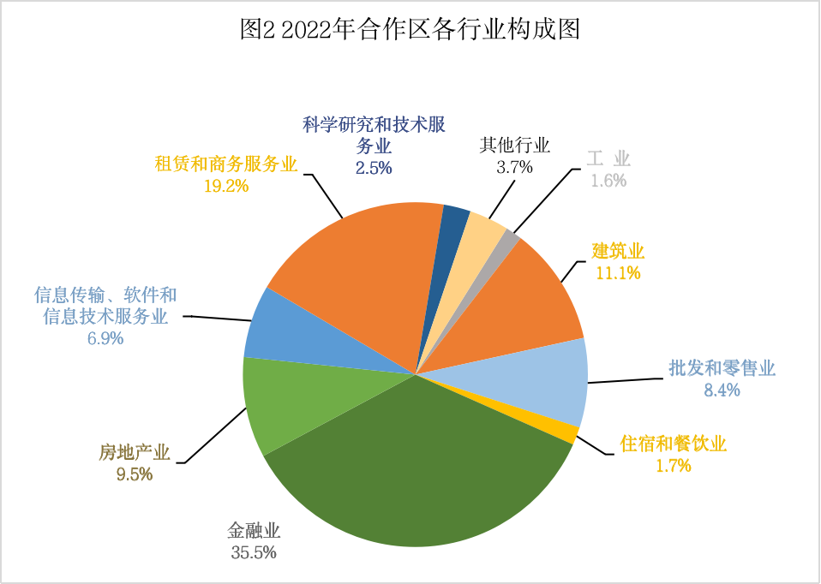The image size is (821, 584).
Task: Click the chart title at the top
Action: click(410, 30)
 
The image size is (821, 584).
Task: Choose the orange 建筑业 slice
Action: click(531, 300)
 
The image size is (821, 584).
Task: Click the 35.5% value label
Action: click(254, 552)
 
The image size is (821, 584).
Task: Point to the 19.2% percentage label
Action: click(226, 185)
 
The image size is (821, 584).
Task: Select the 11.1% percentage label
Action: click(618, 272)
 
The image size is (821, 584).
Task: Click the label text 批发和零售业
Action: click(722, 369)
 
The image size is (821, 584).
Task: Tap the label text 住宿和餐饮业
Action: click(673, 444)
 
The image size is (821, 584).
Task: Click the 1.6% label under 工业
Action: click(608, 181)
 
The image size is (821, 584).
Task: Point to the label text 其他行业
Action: click(514, 146)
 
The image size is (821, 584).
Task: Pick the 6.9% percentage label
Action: click(105, 338)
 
